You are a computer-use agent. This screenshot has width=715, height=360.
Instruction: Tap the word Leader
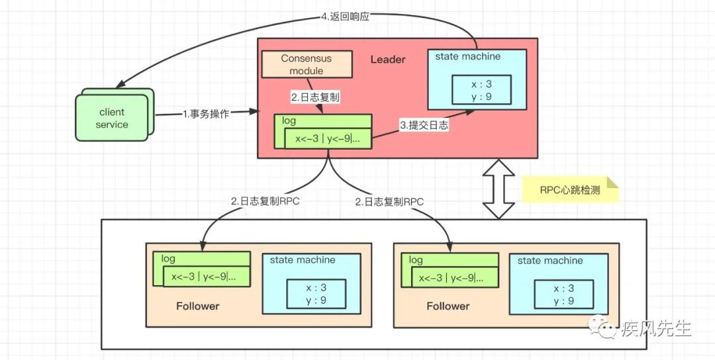[387, 60]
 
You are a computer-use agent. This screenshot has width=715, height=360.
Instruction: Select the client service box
[111, 118]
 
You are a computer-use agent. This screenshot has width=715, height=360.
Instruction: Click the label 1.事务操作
[206, 114]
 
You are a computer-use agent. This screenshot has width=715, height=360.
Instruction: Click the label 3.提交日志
[424, 124]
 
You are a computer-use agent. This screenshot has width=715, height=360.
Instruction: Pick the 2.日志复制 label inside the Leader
[316, 97]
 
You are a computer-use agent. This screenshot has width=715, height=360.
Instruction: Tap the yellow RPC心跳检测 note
[570, 189]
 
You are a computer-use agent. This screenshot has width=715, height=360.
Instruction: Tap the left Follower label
[198, 306]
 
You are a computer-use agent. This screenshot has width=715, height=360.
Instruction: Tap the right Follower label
[448, 306]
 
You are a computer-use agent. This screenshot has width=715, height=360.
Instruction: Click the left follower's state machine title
[303, 260]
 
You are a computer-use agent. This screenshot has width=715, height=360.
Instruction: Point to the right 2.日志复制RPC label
[389, 202]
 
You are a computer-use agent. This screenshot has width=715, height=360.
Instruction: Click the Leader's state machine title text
[467, 57]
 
